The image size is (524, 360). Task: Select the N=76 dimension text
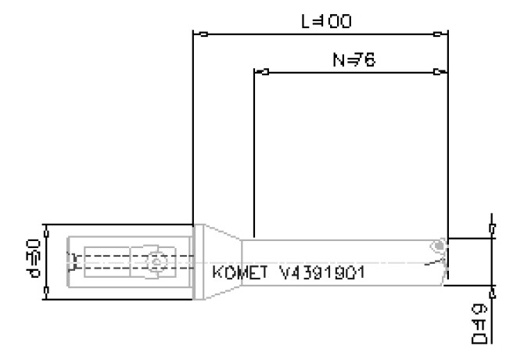point(350,59)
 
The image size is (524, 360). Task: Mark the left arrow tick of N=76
point(265,72)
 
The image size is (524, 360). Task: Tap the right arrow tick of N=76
point(437,72)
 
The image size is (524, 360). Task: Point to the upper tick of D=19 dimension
point(491,229)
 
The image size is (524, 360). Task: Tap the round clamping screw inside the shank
point(156,261)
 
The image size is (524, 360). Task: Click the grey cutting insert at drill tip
point(440,247)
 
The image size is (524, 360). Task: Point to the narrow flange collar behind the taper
point(199,261)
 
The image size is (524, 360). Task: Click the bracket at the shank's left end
point(73,261)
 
